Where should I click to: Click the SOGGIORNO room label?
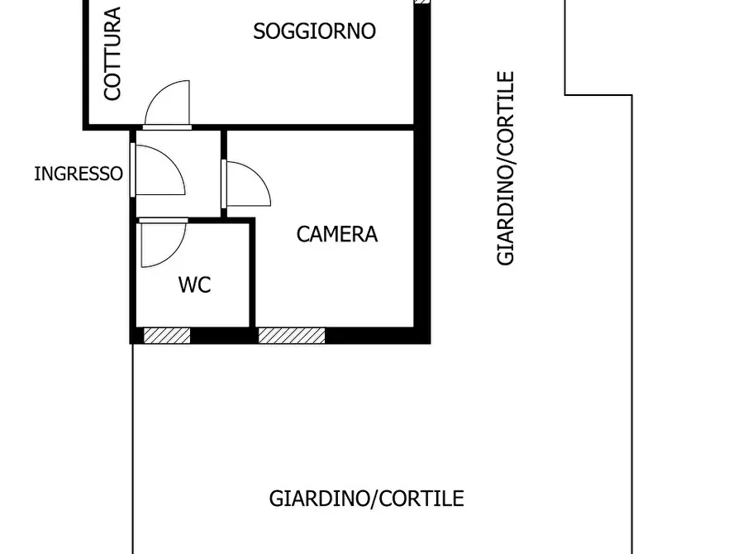click(314, 31)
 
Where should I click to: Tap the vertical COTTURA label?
click(112, 54)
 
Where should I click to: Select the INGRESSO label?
click(79, 174)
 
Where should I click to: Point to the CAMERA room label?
click(337, 234)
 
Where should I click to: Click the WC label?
click(195, 285)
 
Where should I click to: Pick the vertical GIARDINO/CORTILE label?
click(506, 168)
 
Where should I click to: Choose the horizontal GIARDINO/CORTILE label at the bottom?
click(366, 499)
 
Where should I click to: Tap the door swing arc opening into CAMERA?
click(250, 184)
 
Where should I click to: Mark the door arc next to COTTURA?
click(168, 103)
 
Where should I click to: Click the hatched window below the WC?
click(167, 336)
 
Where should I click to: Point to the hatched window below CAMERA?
click(292, 336)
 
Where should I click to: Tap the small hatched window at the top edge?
click(421, 2)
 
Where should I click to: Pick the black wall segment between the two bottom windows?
click(224, 336)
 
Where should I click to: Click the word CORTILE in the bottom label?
click(422, 499)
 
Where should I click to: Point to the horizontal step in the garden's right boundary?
click(598, 94)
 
